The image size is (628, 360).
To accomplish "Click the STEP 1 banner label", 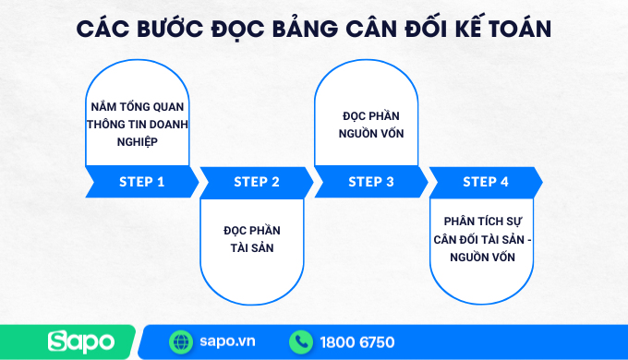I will pos(141,182).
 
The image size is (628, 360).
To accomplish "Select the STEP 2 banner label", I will pos(257,182).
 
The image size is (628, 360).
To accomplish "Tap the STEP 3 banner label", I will pos(371,182).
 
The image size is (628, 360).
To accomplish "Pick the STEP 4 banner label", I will pos(486,182).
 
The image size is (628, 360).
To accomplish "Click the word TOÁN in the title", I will pos(514,29).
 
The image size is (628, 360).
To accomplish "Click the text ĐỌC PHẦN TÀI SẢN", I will pos(252,238).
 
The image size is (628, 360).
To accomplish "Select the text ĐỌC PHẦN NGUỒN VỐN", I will pos(373,124).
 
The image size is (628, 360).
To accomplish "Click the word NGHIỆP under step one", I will pos(136,141).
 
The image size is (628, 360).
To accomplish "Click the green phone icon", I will pos(301,342).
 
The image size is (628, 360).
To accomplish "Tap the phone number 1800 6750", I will pos(356,342).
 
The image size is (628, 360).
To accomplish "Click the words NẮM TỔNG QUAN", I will pos(137,106).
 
